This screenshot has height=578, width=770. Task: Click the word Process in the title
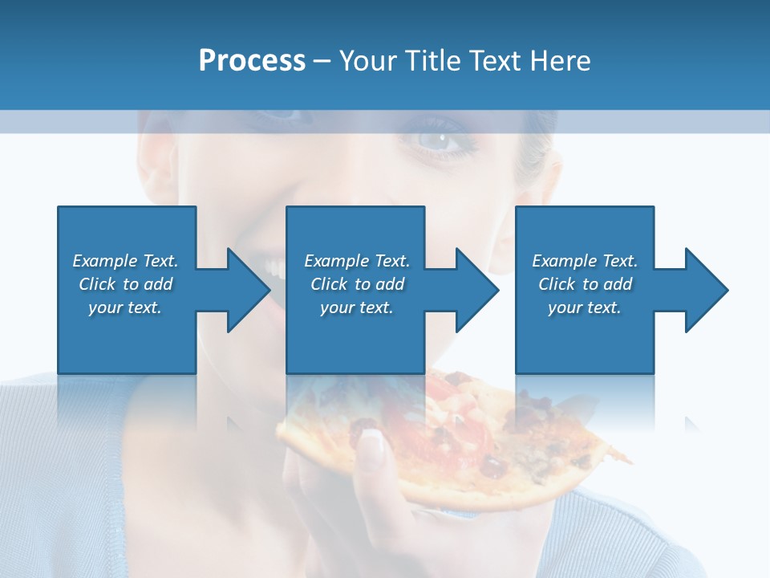tap(252, 61)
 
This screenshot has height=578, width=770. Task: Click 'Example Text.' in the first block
tap(125, 261)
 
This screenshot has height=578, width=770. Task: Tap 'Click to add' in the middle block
tap(357, 284)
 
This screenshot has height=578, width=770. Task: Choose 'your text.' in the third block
tap(584, 307)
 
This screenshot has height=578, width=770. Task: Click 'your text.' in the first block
tap(125, 307)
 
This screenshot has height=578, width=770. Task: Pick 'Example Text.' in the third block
tap(585, 261)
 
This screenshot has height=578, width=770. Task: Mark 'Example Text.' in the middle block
tap(357, 261)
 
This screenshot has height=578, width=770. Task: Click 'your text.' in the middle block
tap(356, 307)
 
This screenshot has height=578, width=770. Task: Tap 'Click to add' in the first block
tap(125, 284)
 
